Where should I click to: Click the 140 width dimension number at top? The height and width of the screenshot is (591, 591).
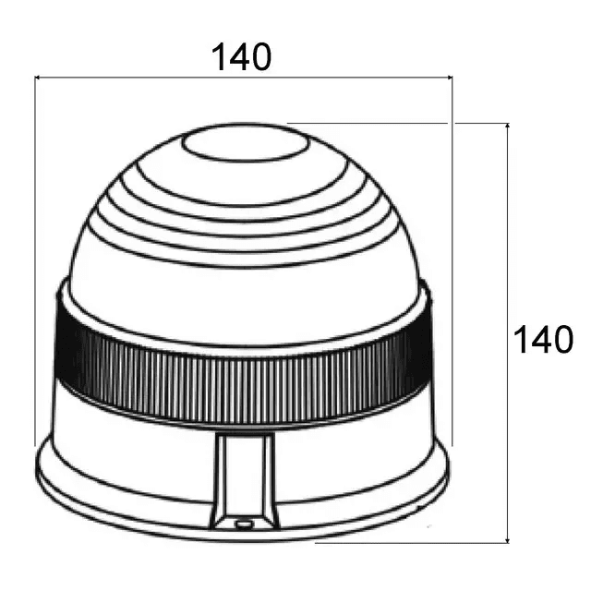242,57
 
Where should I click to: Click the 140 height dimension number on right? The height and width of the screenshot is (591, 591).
543,340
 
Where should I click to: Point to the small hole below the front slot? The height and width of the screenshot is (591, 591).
244,524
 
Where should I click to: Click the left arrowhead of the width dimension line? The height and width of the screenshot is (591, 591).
39,78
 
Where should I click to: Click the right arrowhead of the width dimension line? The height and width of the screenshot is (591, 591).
448,78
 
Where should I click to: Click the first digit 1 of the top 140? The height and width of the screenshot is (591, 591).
219,57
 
